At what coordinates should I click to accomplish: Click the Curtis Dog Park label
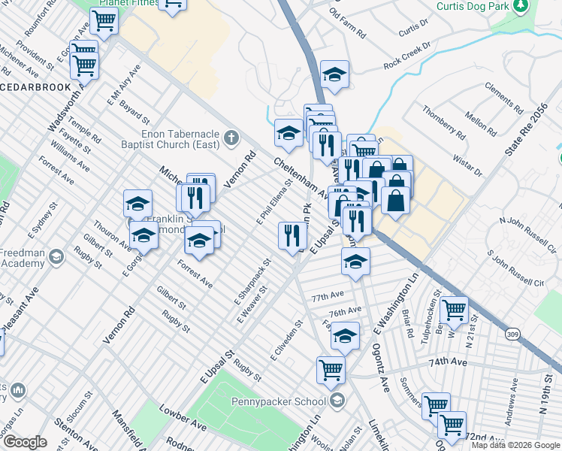tap(470, 6)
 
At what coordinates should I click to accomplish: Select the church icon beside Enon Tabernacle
tap(231, 138)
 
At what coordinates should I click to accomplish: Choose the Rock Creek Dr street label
tap(406, 56)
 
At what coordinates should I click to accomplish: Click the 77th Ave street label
tap(328, 296)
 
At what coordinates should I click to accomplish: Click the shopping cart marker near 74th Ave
tap(331, 369)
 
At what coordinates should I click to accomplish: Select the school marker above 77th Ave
tap(355, 262)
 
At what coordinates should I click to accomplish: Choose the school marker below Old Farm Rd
tap(334, 74)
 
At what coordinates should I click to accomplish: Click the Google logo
tap(25, 442)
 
